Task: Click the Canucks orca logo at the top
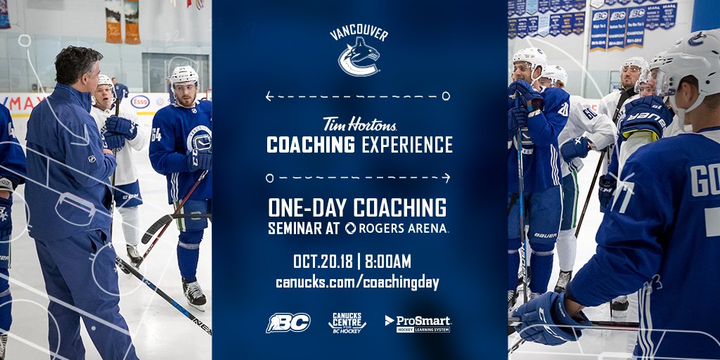point(359,57)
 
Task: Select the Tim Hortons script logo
point(359,124)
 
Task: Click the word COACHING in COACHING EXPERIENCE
point(311,145)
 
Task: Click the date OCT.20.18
point(323,262)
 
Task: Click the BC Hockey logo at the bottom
point(288,323)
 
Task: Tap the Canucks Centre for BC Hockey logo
point(347,322)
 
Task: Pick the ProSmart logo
point(418,323)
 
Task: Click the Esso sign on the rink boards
point(140,102)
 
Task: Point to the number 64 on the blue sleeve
point(156,134)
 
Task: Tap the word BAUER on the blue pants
point(544,236)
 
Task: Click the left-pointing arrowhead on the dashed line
point(269,96)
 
